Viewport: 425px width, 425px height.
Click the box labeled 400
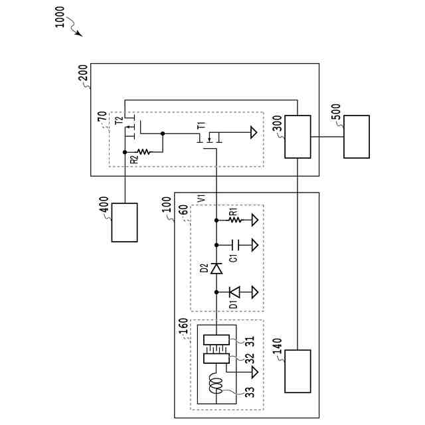click(x=125, y=222)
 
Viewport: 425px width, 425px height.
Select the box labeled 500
click(x=357, y=137)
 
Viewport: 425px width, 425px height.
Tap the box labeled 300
click(x=297, y=137)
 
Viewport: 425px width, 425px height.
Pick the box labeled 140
click(x=297, y=371)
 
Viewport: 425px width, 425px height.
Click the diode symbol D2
click(x=216, y=268)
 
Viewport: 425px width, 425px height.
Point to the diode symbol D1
click(x=234, y=292)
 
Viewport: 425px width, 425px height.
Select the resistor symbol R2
click(x=143, y=152)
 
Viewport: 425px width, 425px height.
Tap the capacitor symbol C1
click(x=234, y=245)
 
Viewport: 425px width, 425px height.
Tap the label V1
click(x=201, y=198)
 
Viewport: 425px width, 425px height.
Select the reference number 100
click(x=166, y=202)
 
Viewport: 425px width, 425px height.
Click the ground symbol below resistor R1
click(x=254, y=220)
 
